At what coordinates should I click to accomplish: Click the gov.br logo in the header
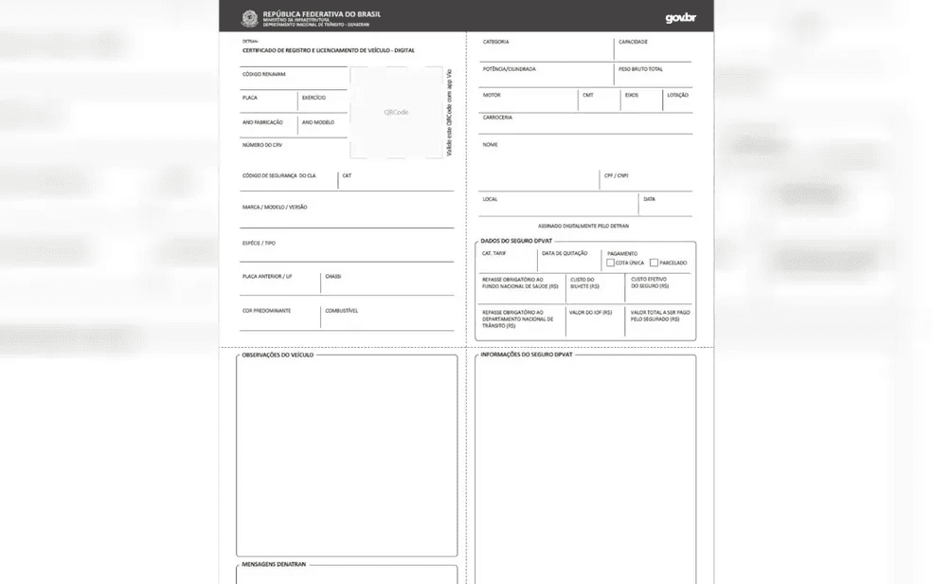click(680, 17)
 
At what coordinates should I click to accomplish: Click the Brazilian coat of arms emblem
click(250, 17)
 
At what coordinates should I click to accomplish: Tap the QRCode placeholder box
click(396, 112)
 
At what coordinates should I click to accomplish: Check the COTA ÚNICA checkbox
click(611, 263)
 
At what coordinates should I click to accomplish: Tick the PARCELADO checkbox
click(654, 263)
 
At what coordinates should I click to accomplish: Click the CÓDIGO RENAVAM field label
click(264, 74)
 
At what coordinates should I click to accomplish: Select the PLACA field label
click(250, 98)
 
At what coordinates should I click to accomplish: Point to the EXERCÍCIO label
click(314, 98)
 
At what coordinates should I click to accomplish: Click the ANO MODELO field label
click(318, 122)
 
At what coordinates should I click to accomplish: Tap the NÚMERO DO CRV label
click(262, 145)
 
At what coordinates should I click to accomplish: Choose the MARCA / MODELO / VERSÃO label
click(275, 207)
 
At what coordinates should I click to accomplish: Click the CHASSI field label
click(332, 277)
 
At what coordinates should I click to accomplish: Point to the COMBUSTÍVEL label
click(341, 311)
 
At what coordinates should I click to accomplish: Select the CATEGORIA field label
click(496, 42)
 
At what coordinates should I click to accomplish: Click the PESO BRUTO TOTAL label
click(640, 69)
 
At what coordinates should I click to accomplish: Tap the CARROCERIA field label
click(497, 118)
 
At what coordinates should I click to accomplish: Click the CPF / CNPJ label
click(616, 175)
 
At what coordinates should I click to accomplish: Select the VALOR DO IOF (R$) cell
click(590, 312)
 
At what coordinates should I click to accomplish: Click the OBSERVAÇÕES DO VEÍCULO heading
click(278, 355)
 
